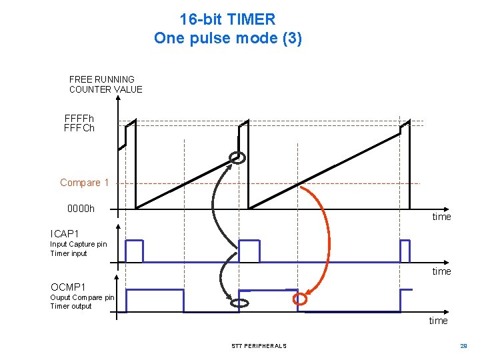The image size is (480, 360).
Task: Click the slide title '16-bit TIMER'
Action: point(227,19)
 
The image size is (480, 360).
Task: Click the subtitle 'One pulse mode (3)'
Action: point(227,38)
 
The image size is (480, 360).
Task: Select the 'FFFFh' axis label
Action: point(79,119)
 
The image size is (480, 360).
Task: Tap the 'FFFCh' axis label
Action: point(79,128)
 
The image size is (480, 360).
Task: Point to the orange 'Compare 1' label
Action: point(84,183)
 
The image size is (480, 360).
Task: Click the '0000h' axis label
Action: point(81,209)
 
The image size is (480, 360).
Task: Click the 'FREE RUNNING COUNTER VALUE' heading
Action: point(105,84)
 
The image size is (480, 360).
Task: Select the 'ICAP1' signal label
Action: point(65,234)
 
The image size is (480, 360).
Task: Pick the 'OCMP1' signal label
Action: point(68,287)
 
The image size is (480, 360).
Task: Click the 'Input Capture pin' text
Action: point(78,244)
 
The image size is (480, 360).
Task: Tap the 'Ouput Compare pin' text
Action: point(82,297)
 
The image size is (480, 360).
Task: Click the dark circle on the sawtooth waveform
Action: point(237,158)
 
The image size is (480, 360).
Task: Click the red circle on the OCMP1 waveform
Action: point(301,299)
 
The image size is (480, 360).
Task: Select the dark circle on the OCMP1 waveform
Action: point(239,303)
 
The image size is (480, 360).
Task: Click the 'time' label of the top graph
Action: point(441,217)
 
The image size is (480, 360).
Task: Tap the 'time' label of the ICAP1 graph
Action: point(441,271)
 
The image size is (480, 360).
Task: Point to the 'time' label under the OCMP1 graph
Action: point(438,321)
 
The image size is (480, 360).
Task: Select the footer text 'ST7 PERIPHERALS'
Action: point(259,346)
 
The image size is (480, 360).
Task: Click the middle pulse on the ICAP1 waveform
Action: point(249,251)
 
